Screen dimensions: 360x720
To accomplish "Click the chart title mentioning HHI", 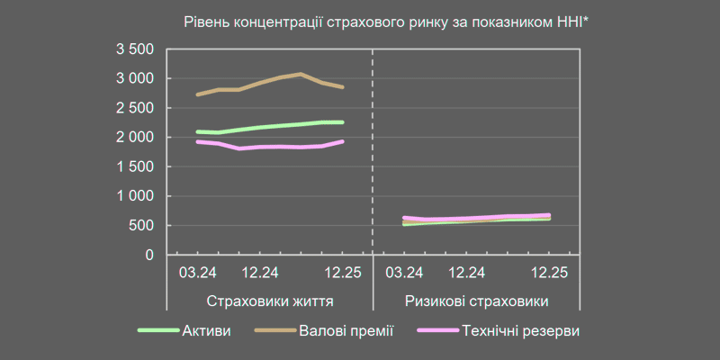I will (x=386, y=21).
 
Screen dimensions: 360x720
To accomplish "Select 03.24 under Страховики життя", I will (x=198, y=272).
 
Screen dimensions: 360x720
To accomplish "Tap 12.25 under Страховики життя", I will (x=343, y=272).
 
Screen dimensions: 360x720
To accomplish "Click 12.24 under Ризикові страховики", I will (x=467, y=272).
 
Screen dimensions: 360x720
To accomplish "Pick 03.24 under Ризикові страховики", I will (x=405, y=272).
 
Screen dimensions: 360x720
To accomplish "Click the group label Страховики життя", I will (x=270, y=301).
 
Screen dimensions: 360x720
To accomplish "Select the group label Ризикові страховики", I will (x=476, y=301).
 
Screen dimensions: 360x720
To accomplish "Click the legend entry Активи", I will (x=206, y=331).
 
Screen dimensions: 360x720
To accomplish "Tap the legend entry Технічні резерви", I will (x=519, y=331).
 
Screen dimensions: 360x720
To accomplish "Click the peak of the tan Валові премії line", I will (x=301, y=74).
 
